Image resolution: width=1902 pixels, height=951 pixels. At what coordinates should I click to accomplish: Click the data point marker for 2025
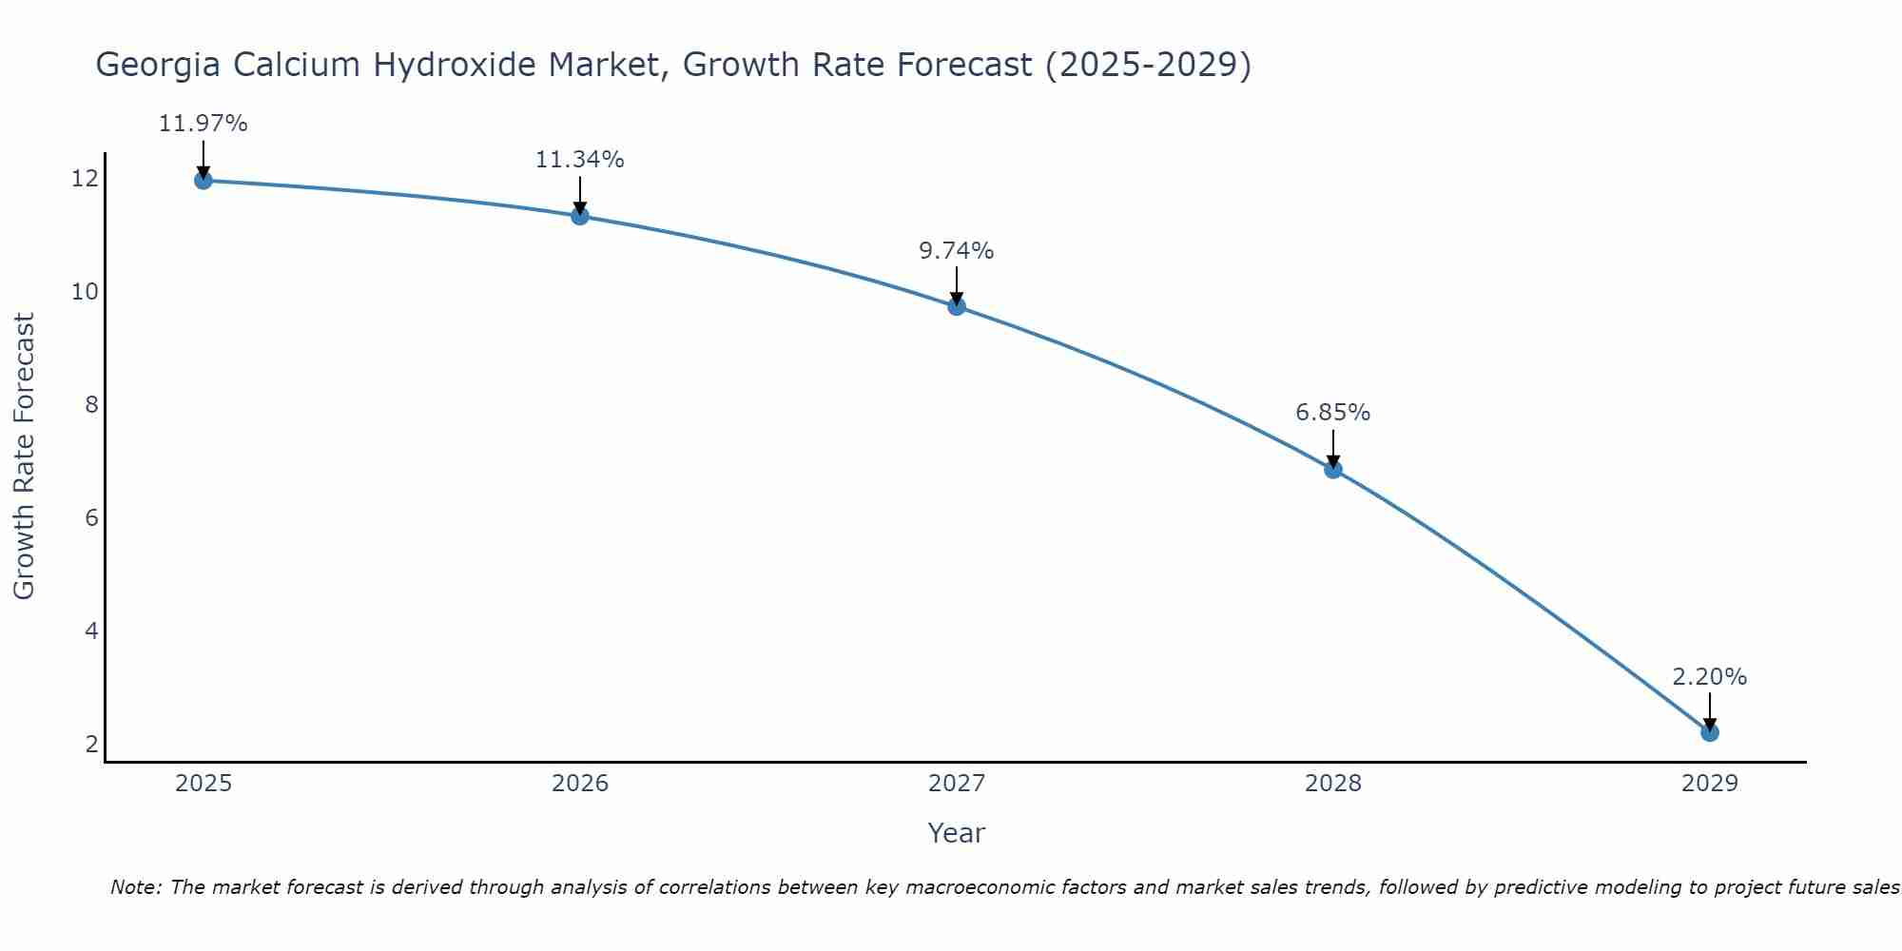(203, 180)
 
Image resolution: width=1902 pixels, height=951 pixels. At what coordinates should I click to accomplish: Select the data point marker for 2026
(579, 216)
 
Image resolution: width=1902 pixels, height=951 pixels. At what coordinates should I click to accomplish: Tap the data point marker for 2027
(956, 306)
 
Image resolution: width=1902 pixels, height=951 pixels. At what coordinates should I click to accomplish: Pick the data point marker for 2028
(1332, 469)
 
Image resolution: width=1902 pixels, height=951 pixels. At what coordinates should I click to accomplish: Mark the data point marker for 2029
(1709, 732)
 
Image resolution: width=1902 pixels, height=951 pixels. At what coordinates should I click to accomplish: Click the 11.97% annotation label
(203, 124)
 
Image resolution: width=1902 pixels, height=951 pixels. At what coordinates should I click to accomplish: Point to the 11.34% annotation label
(579, 160)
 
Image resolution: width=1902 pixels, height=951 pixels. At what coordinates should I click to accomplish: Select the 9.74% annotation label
(956, 251)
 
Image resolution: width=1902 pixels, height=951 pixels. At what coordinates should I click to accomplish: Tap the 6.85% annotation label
(1332, 413)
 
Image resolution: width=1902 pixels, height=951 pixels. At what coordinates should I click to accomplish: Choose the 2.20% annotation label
(1709, 677)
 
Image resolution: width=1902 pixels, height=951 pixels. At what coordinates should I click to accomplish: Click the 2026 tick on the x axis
(579, 784)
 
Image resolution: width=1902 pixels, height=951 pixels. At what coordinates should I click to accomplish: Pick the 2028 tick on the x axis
(1332, 784)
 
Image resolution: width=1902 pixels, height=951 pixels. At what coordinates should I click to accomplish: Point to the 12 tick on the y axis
(85, 178)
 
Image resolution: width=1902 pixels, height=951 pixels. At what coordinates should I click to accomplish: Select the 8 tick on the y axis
(91, 405)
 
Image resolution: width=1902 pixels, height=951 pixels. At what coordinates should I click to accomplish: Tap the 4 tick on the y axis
(91, 631)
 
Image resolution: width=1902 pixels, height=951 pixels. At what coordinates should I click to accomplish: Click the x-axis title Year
(956, 833)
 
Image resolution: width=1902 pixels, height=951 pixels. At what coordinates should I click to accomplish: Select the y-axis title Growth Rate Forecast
(24, 456)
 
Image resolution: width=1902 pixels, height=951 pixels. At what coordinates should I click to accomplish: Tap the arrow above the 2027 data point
(956, 284)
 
